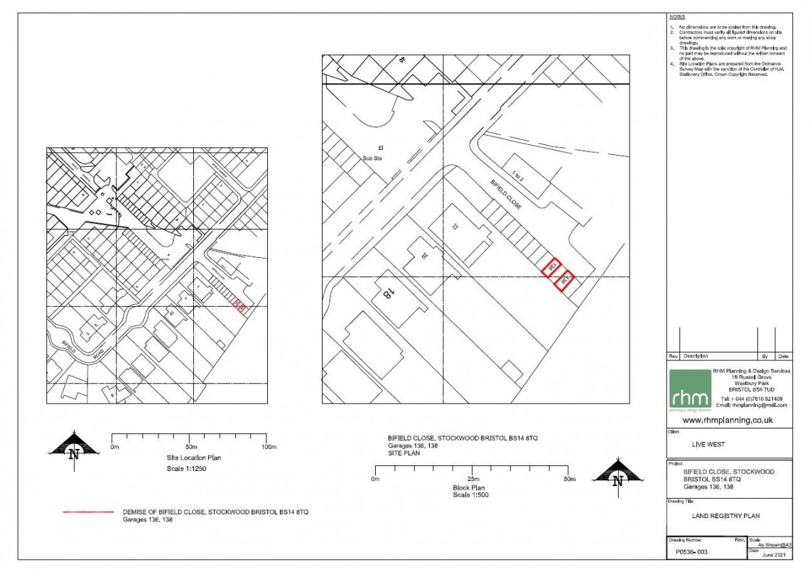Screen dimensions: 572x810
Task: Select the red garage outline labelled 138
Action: click(x=565, y=280)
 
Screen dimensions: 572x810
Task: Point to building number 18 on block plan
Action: click(x=389, y=294)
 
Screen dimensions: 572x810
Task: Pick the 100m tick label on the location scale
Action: click(x=268, y=447)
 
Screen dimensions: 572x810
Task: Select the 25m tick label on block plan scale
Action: click(x=472, y=480)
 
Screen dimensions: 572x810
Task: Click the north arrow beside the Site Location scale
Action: click(x=73, y=447)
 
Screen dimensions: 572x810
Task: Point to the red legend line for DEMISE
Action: click(x=88, y=512)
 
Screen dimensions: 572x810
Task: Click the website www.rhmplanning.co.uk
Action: click(x=728, y=421)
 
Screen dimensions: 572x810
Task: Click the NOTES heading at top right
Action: click(x=676, y=16)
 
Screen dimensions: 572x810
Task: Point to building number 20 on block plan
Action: click(x=424, y=257)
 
